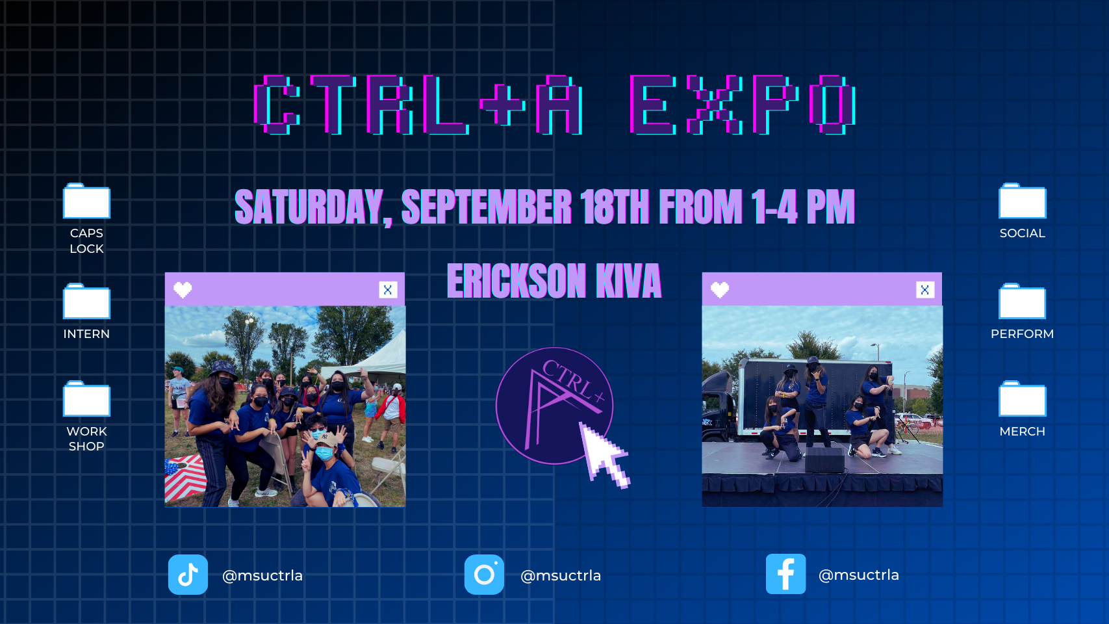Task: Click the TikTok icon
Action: (188, 575)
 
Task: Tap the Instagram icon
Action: (484, 575)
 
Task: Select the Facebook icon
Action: (785, 574)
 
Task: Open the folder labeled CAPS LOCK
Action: (86, 201)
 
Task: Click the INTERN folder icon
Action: (86, 301)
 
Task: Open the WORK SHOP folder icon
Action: (86, 398)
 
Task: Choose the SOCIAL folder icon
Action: (1023, 201)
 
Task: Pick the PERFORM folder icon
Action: (1023, 301)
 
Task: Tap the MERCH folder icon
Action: (1023, 398)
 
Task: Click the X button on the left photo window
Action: (388, 290)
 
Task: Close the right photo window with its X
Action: (925, 290)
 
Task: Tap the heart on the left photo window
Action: (183, 290)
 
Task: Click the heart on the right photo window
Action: (720, 290)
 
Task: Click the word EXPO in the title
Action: (743, 105)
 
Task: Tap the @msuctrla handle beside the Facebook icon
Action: (858, 575)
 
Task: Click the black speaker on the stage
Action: (825, 460)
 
